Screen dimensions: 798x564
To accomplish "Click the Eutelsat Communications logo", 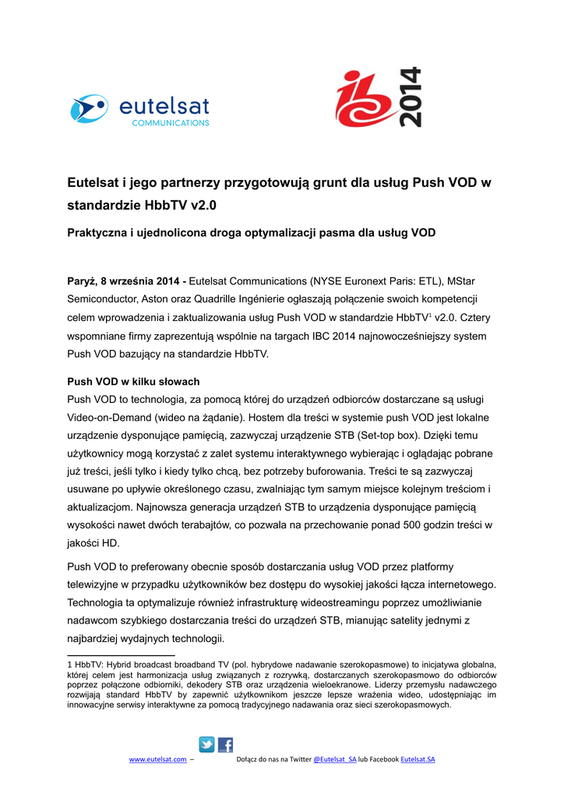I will (139, 109).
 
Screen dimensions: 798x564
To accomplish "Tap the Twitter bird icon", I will (206, 744).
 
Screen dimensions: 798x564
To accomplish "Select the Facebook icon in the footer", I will (225, 744).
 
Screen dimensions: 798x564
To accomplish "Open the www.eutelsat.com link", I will (157, 759).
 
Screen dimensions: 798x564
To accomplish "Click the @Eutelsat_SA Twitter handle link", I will (334, 759).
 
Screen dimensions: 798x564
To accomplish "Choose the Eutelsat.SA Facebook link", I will (418, 759).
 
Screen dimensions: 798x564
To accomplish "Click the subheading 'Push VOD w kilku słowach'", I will (133, 382).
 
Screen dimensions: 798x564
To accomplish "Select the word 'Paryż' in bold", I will (81, 280).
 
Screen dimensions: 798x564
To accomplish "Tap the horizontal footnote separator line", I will (121, 655).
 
